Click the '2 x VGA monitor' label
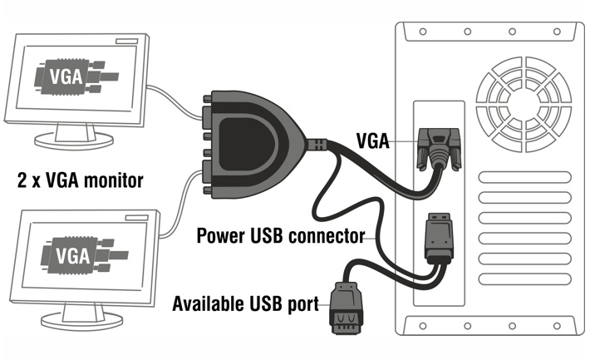pos(81,179)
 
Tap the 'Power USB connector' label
pos(280,235)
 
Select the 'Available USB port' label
pos(245,303)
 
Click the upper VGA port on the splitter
pos(209,113)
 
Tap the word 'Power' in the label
pos(219,235)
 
